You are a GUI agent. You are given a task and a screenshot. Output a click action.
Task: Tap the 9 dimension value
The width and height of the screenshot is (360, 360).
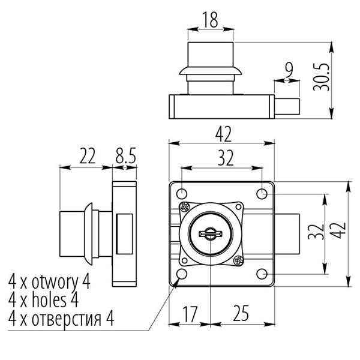[289, 71]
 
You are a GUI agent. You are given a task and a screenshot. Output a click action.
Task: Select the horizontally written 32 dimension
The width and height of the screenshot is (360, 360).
[224, 157]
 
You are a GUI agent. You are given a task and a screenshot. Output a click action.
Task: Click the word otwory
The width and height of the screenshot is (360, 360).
[58, 281]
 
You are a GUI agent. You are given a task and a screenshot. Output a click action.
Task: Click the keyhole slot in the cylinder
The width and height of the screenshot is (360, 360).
[209, 233]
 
